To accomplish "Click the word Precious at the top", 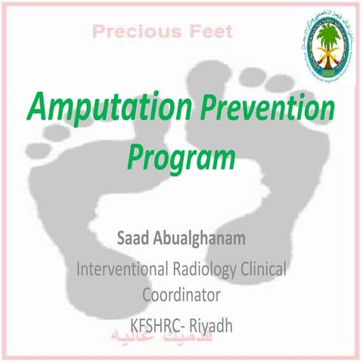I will [123, 32].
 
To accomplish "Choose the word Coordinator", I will [181, 293].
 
